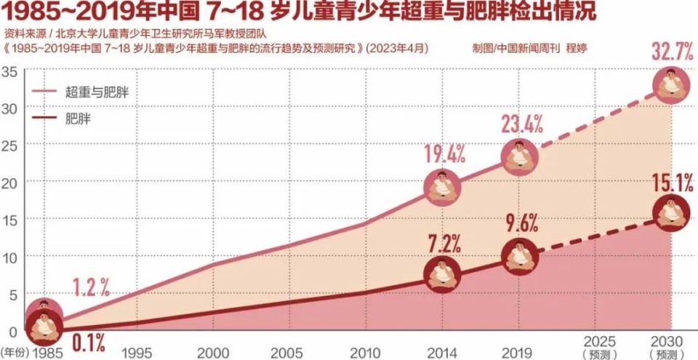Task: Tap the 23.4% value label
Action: (x=522, y=124)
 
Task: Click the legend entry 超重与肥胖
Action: (x=101, y=92)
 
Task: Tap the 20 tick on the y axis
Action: (x=9, y=182)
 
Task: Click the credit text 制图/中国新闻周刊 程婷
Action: (x=529, y=48)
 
